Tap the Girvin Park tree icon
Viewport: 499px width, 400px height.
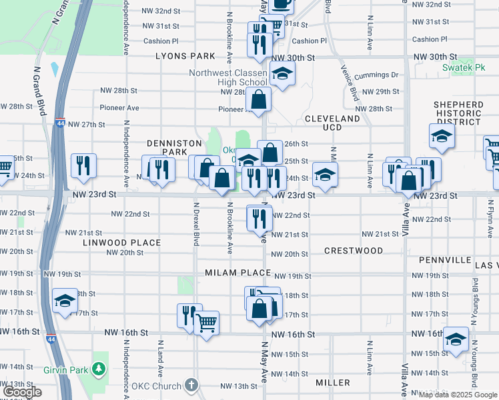pos(99,368)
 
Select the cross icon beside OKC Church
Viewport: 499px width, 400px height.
pos(191,385)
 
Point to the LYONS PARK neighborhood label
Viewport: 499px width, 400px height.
pos(185,57)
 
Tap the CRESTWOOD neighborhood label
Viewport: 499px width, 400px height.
pos(354,251)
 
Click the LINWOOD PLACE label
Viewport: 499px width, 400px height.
pos(121,243)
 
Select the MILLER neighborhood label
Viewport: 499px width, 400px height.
pos(333,383)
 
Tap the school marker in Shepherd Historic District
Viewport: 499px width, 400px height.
pos(442,137)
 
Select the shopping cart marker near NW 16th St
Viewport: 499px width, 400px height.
pos(207,323)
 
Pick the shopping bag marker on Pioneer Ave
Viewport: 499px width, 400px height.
pos(258,100)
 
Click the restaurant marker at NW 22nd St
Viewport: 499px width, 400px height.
pos(259,217)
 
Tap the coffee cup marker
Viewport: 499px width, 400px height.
pos(281,3)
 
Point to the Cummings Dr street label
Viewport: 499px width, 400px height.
pos(376,75)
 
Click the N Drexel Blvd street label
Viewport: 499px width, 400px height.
pos(196,225)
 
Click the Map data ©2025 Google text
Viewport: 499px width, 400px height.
pos(458,395)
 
